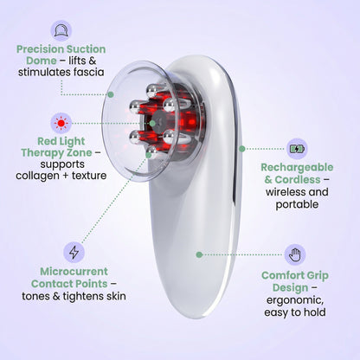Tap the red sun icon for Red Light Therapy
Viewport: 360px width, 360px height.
[x=61, y=122]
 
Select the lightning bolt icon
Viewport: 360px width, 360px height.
[x=74, y=253]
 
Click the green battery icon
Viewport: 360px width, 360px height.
[x=297, y=148]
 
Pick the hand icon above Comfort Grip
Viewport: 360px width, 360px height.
[x=296, y=255]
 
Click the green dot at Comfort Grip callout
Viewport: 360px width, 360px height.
[x=199, y=254]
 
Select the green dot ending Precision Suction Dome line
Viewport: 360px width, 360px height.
[x=111, y=94]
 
